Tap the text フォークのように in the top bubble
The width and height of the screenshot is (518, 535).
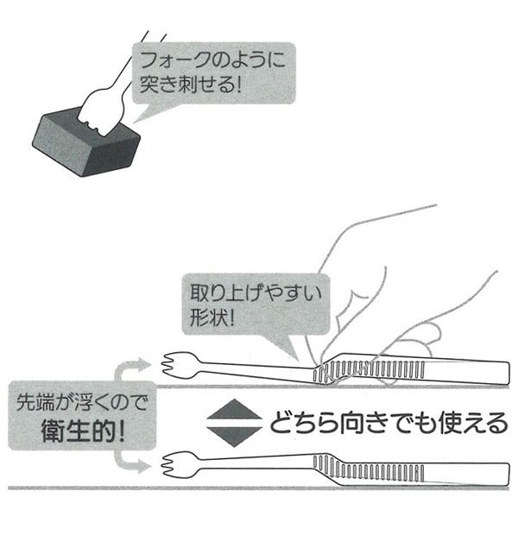pos(212,60)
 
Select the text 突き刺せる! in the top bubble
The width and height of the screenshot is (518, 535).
pos(191,84)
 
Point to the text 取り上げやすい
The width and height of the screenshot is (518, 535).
pos(256,293)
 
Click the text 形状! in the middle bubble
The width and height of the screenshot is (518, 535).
pos(212,318)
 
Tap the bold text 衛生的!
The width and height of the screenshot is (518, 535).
pos(83,431)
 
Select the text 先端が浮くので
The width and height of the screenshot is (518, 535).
pos(82,403)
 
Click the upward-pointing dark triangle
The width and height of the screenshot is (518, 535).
pos(234,409)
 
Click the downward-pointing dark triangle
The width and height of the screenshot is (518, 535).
pos(234,437)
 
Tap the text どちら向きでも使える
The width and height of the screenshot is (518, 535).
pos(388,423)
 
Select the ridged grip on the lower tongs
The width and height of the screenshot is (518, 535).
pos(369,468)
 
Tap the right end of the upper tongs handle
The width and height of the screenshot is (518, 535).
pos(509,373)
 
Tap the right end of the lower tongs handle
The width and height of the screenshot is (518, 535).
pos(509,475)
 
